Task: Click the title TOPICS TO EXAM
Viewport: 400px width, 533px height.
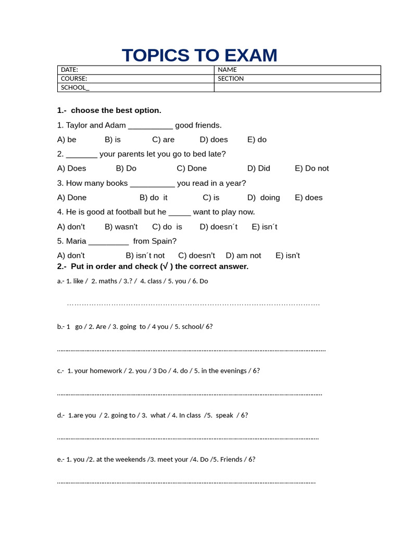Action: (x=199, y=55)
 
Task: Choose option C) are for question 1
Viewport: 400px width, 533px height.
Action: (x=163, y=139)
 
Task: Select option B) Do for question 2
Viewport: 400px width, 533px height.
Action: (x=126, y=168)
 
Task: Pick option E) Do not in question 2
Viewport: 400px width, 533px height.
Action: (x=311, y=168)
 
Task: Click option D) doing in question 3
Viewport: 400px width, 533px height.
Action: (x=264, y=197)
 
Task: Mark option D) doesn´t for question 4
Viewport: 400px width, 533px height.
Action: (x=218, y=226)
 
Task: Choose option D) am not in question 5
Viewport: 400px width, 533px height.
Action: (x=243, y=256)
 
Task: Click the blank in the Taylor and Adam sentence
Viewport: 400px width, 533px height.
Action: (x=150, y=125)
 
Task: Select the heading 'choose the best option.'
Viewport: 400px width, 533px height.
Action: (x=116, y=110)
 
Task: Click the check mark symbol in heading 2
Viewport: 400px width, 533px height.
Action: (x=165, y=266)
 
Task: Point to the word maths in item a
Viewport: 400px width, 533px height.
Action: (x=108, y=281)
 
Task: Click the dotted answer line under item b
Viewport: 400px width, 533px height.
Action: (x=191, y=350)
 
